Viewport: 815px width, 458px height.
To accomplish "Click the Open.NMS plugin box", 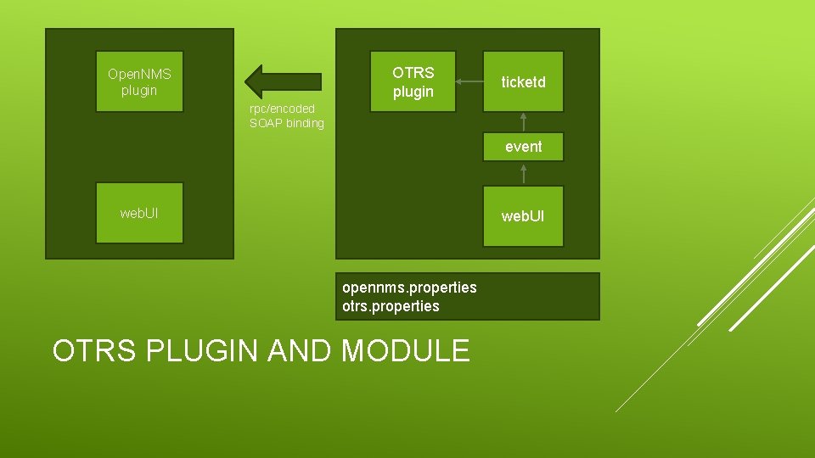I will coord(139,82).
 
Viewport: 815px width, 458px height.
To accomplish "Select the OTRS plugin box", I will coord(413,82).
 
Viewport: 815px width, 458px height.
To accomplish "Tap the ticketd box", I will coord(523,82).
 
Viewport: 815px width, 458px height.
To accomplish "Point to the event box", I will coord(523,147).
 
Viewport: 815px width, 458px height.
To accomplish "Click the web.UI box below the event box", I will coord(523,216).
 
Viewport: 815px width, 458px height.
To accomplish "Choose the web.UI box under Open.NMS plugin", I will coord(139,213).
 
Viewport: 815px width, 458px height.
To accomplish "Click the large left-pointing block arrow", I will coord(283,81).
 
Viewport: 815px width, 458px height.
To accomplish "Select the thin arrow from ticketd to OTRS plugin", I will coord(469,82).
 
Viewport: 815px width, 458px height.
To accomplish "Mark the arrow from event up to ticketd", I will coord(524,122).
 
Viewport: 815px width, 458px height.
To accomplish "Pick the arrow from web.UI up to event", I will coord(524,173).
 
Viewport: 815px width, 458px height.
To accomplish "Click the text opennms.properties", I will coord(409,288).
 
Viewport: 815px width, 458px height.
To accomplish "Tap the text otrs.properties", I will coord(391,306).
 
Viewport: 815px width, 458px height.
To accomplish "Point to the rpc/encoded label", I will coord(282,109).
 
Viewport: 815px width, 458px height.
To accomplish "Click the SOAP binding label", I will coord(287,124).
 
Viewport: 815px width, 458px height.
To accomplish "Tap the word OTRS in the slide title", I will coord(94,350).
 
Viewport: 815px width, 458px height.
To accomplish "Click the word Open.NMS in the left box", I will coord(139,74).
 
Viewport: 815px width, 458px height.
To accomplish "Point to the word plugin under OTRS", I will coord(413,92).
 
